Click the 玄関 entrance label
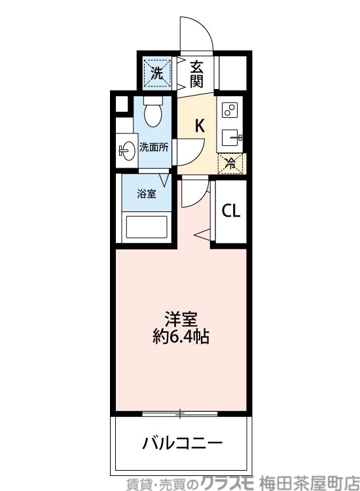coord(196,73)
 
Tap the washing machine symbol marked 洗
coord(156,73)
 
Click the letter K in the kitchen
coord(200,126)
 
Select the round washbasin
coord(127,150)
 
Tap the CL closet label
coord(230,211)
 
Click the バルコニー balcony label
coord(183,443)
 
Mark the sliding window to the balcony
coord(181,413)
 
